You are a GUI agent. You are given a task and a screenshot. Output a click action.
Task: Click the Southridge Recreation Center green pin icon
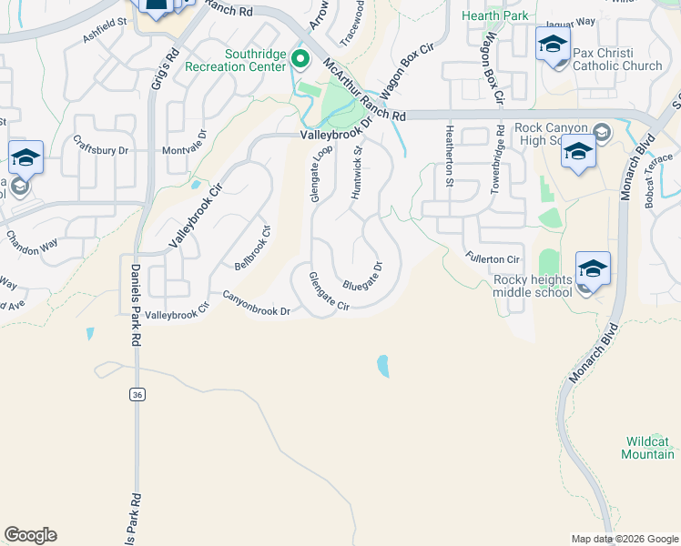click(302, 60)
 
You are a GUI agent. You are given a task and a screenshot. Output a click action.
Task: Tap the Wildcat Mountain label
click(647, 447)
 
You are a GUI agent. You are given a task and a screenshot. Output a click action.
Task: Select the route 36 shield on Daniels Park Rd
click(137, 394)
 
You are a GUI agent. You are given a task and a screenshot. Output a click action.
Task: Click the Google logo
click(30, 535)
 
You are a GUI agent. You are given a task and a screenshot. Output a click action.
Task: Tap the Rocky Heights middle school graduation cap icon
click(593, 270)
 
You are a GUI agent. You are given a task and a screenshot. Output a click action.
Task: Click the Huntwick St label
click(358, 173)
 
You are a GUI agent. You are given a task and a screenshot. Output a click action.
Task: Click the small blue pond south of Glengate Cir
click(382, 366)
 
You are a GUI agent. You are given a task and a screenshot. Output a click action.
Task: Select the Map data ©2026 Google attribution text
click(625, 539)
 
